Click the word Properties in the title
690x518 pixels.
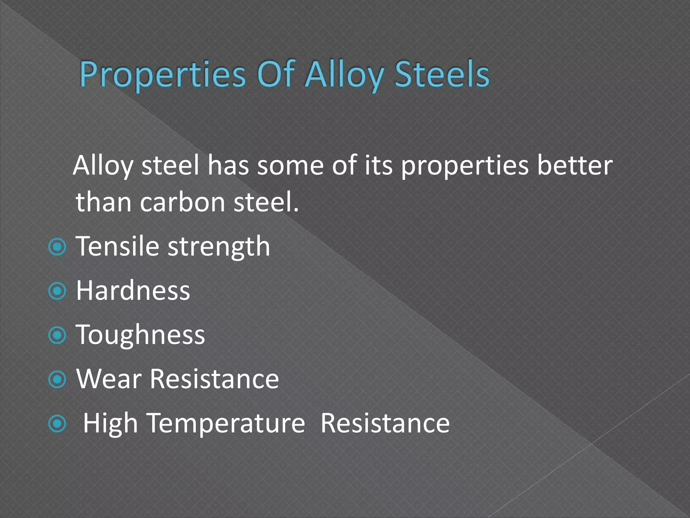point(162,75)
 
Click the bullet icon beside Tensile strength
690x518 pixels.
point(57,247)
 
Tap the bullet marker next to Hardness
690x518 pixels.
point(57,291)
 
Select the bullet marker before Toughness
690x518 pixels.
point(57,335)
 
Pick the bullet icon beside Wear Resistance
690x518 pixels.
point(57,380)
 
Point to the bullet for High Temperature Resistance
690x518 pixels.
point(57,424)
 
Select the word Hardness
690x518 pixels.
point(133,291)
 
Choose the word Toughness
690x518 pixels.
point(140,335)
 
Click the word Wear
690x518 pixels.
point(109,379)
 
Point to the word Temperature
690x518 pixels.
point(226,424)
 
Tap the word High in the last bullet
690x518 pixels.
point(110,424)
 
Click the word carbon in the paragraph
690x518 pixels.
point(182,202)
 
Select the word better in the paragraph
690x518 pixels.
point(574,165)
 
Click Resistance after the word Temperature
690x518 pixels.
point(385,423)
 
